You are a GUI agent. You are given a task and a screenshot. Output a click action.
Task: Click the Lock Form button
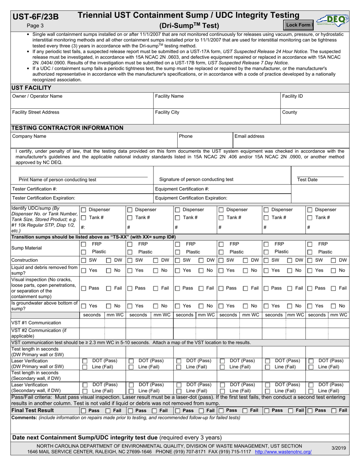pos(298,25)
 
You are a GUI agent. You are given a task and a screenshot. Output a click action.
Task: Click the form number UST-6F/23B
pos(36,16)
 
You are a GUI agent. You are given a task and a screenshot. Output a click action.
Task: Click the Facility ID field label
pos(292,96)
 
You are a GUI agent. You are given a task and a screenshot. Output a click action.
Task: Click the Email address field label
pos(249,136)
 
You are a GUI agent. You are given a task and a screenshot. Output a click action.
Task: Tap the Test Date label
pos(307,180)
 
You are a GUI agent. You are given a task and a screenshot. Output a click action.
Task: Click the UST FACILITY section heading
pos(29,88)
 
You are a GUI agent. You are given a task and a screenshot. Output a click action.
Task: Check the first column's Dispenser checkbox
pos(84,210)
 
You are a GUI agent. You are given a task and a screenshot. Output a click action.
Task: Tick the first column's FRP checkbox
pos(84,244)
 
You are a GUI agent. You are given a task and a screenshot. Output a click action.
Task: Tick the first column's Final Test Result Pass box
pos(84,411)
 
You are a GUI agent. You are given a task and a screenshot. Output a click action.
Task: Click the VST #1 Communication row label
pos(36,323)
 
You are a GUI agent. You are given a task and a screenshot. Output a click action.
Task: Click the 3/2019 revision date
pos(339,448)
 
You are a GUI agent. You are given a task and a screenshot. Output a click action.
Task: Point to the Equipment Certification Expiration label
pos(191,198)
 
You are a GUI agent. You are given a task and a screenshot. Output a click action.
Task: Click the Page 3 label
pos(35,26)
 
